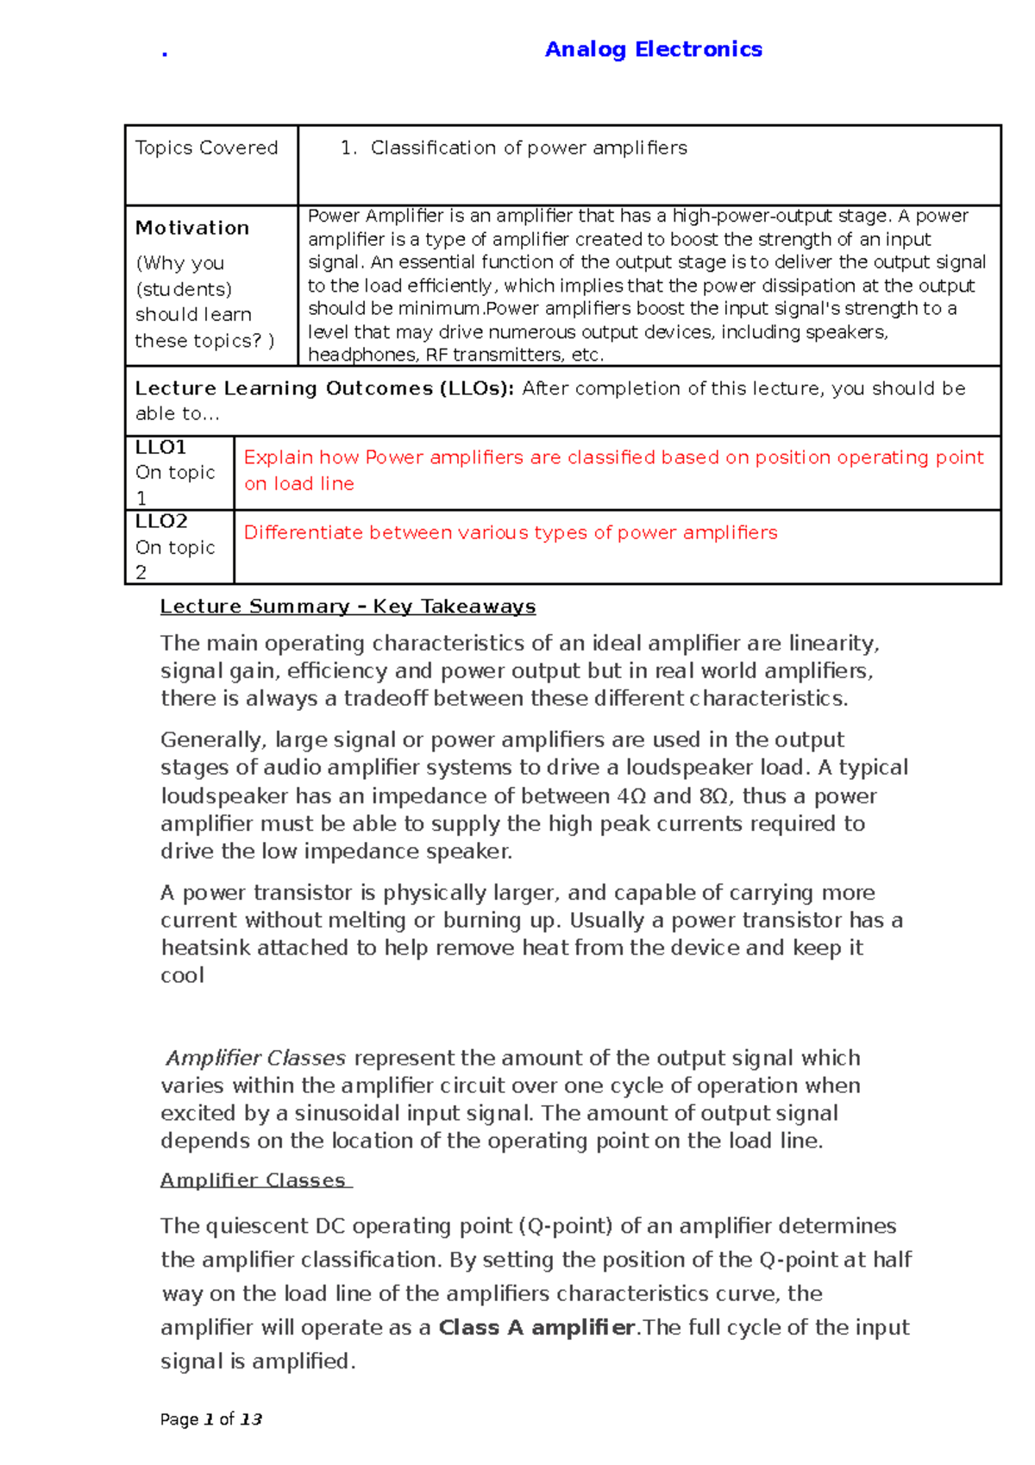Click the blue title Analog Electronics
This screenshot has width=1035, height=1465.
tap(653, 50)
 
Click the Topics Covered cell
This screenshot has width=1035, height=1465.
tap(206, 148)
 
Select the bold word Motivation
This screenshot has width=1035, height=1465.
tap(192, 228)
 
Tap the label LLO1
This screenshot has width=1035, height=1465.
tap(160, 448)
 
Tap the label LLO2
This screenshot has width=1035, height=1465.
tap(161, 522)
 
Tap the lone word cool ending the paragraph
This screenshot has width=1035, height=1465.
tap(182, 976)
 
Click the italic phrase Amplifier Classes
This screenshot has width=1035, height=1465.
tap(256, 1059)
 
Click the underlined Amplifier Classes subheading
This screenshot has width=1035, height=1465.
tap(254, 1181)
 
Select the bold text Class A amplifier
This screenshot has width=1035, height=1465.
tap(536, 1328)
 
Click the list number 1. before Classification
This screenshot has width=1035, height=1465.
tap(348, 148)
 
